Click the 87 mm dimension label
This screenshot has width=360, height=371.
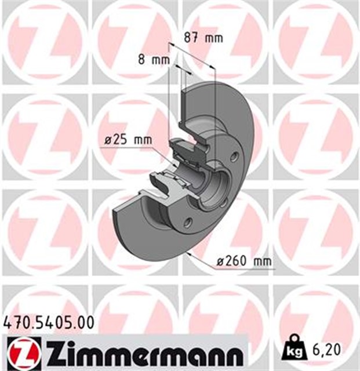point(203,39)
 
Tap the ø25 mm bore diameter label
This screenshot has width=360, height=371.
point(127,140)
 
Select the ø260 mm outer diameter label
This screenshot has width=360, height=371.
point(243,262)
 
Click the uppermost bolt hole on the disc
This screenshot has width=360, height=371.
point(234,156)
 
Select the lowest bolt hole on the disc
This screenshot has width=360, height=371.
point(188,222)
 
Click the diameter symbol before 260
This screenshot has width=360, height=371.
point(221,262)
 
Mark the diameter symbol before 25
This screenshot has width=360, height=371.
point(108,140)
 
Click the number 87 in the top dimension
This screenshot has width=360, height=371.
point(192,39)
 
